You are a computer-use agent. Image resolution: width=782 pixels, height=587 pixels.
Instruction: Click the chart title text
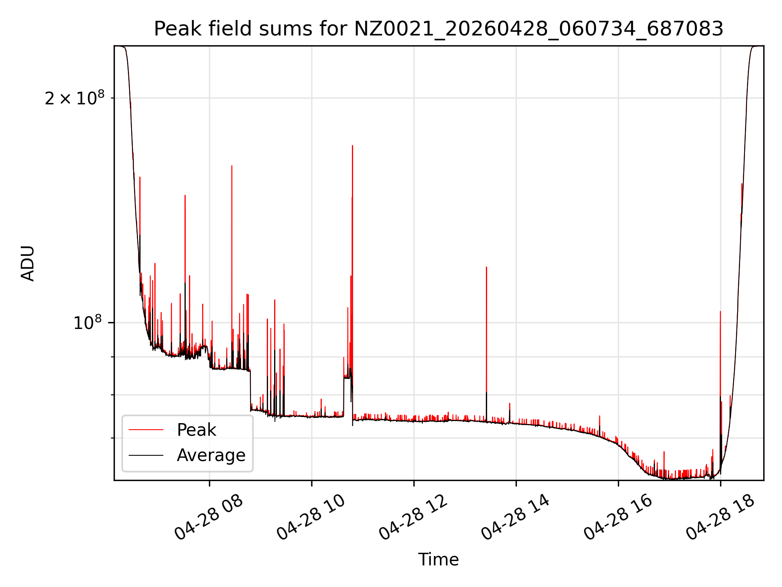coord(439,29)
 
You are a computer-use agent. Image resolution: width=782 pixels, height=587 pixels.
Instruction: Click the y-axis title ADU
coord(28,263)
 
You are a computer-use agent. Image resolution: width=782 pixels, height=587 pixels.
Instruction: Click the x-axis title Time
coord(439,560)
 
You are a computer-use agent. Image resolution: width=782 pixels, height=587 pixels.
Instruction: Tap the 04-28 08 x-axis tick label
coord(209,517)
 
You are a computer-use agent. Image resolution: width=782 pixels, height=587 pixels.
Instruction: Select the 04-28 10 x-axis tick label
coord(311,517)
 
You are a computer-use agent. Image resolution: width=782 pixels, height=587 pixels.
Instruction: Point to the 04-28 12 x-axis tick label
coord(413,517)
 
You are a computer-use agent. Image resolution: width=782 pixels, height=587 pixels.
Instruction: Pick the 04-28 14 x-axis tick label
coord(515,517)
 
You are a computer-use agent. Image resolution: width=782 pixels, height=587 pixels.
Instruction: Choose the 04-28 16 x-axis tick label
coord(617,517)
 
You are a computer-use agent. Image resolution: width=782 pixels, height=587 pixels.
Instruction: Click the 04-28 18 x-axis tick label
coord(720,517)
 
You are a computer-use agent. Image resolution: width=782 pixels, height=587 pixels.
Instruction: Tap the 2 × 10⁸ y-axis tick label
coord(75,98)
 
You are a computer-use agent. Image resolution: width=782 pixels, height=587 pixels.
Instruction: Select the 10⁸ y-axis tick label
coord(88,322)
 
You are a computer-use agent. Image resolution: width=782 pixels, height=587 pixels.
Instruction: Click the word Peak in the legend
coord(196,430)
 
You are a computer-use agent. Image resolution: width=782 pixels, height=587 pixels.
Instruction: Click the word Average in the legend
coord(211,455)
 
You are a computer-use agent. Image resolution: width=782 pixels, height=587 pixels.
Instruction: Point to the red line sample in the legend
coord(146,430)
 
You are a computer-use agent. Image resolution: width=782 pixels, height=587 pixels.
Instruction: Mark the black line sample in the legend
coord(146,455)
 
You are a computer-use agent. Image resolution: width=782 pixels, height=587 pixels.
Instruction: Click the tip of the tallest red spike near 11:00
coord(352,146)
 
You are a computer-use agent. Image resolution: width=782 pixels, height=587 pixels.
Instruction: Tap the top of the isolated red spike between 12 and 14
coord(486,267)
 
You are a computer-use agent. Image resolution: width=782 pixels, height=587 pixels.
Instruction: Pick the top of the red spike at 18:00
coord(720,311)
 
